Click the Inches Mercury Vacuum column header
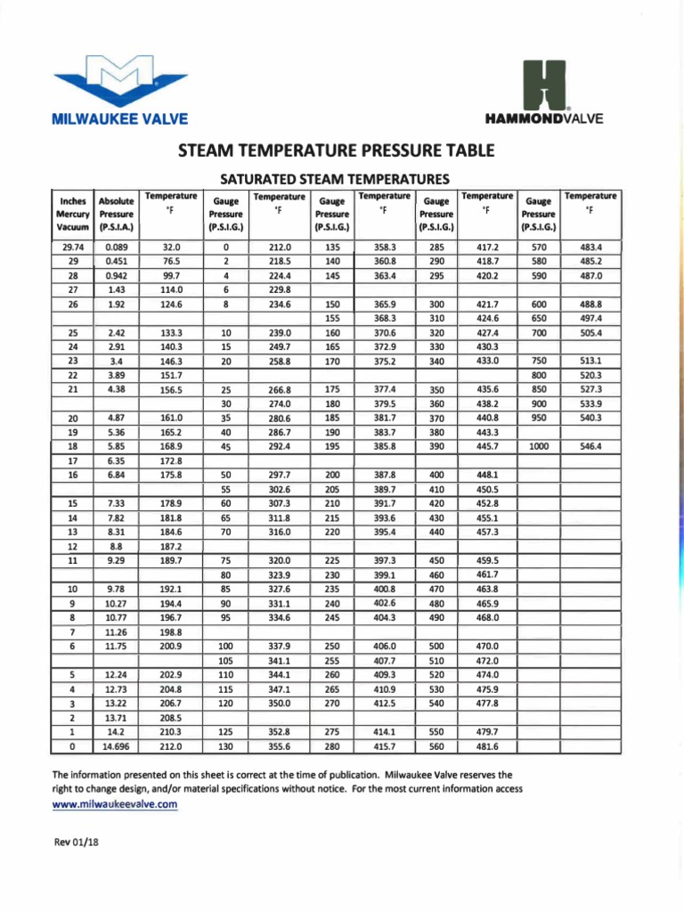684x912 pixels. click(x=73, y=214)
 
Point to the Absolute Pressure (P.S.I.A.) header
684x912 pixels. click(x=116, y=214)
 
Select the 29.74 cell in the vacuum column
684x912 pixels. click(x=73, y=247)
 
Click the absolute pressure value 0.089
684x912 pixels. click(x=116, y=247)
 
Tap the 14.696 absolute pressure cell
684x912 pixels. click(x=116, y=746)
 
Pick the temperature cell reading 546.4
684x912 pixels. click(x=591, y=446)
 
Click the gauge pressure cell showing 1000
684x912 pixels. click(x=538, y=446)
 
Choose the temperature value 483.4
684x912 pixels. click(x=591, y=247)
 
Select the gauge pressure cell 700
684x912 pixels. click(x=538, y=332)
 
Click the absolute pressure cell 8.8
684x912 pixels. click(x=116, y=546)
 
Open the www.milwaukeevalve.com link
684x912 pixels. click(x=116, y=804)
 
